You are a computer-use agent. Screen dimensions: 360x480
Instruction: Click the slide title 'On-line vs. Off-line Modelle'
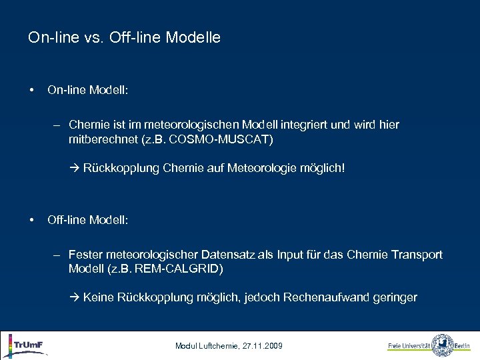click(x=124, y=38)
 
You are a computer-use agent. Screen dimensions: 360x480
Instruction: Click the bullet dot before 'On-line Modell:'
click(x=31, y=89)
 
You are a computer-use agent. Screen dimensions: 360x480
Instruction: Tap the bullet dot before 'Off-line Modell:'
click(x=31, y=219)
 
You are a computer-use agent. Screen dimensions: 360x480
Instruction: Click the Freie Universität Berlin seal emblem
click(x=442, y=345)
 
